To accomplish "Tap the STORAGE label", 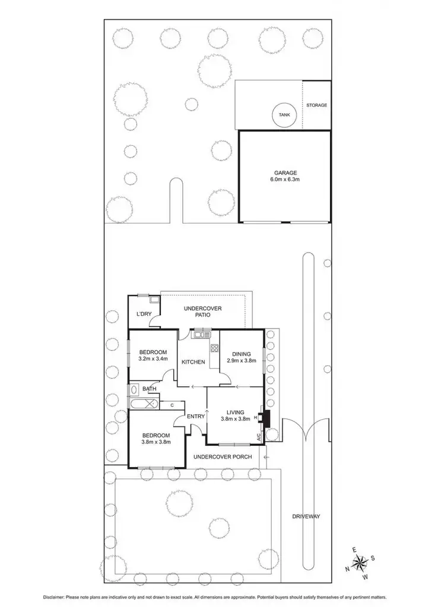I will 316,105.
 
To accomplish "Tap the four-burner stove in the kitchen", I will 214,350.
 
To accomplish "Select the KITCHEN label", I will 193,362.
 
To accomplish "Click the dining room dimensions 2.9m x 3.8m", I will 241,361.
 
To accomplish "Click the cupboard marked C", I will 172,405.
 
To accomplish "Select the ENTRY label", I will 196,416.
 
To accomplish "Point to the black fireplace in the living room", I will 266,418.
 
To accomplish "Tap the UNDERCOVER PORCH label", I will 223,456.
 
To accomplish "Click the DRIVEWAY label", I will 306,516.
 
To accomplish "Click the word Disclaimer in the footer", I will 55,596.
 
